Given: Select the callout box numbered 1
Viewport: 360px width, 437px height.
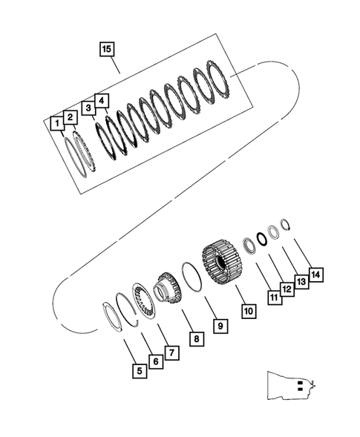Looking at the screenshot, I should coord(56,123).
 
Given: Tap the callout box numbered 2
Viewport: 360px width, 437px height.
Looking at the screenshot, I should coord(70,116).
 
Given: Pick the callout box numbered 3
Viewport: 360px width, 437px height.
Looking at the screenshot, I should coord(88,108).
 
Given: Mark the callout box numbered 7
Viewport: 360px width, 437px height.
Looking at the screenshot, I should coord(171,352).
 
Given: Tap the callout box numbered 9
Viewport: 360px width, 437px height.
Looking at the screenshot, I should coord(220,325).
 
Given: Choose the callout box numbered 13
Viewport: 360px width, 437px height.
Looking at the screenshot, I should coord(302,282).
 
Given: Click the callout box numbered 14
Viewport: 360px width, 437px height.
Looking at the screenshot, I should coord(316,275).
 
